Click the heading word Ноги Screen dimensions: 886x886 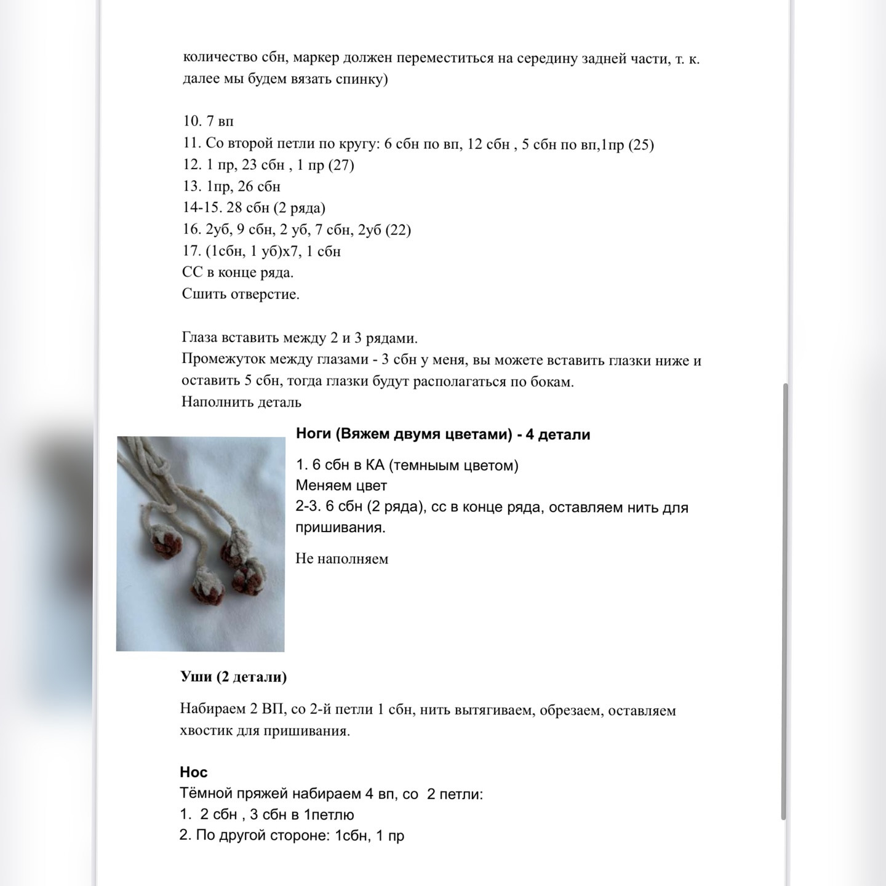tap(314, 434)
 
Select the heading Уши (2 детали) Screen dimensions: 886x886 tap(233, 677)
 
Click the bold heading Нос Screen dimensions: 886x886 tap(193, 772)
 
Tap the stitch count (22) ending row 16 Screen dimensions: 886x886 tap(397, 229)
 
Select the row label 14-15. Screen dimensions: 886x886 tap(201, 208)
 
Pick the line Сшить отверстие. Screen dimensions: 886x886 tap(241, 294)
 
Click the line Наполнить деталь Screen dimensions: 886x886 tap(241, 402)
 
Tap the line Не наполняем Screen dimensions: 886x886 tap(341, 559)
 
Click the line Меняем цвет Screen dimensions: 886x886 tap(341, 485)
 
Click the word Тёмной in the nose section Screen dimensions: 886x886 tap(203, 794)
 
